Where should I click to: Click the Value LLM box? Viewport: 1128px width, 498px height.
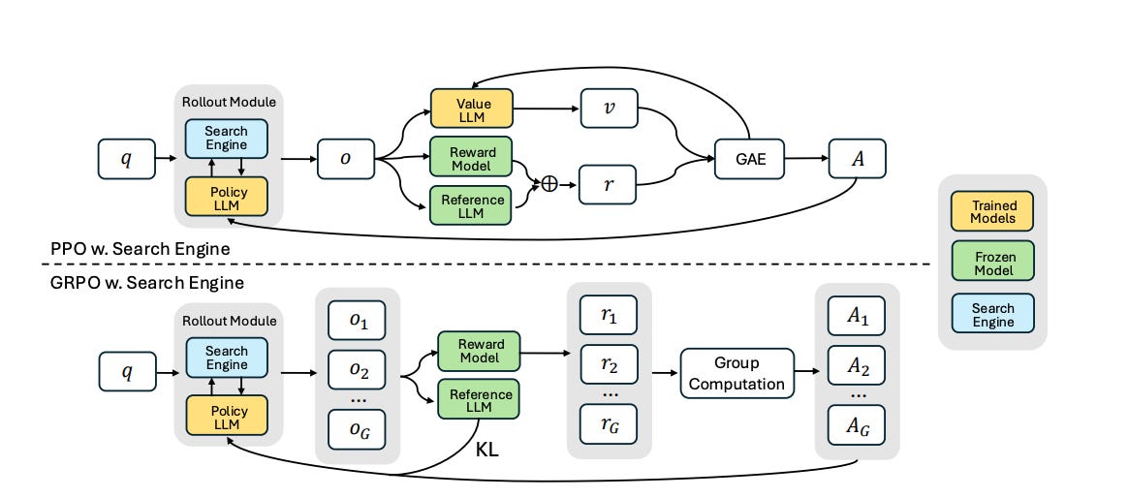pyautogui.click(x=470, y=109)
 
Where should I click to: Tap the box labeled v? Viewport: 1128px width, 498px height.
pyautogui.click(x=608, y=108)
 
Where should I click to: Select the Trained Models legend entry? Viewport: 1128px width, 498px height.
pyautogui.click(x=993, y=211)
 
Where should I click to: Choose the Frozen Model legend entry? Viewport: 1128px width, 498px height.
pyautogui.click(x=993, y=262)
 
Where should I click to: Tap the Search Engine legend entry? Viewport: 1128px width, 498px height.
pyautogui.click(x=993, y=314)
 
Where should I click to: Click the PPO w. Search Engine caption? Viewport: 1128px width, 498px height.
pyautogui.click(x=141, y=249)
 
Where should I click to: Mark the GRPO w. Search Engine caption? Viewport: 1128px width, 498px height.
pyautogui.click(x=147, y=283)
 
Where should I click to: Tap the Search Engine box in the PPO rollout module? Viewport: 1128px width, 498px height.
pyautogui.click(x=227, y=138)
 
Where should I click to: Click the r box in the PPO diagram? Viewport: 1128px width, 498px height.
pyautogui.click(x=608, y=183)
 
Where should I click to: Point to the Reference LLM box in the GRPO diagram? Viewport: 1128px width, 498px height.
pyautogui.click(x=478, y=399)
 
